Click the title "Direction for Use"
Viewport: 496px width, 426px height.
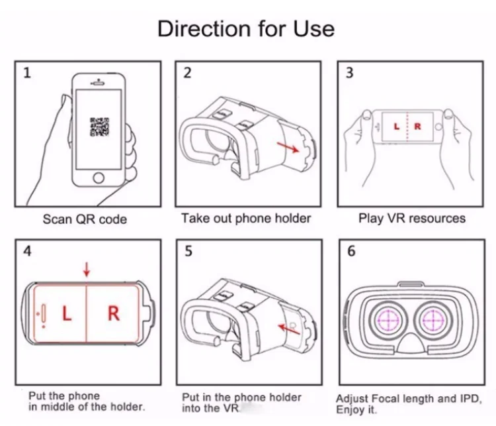(246, 29)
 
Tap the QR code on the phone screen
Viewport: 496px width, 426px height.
(99, 126)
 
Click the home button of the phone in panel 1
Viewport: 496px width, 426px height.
(99, 177)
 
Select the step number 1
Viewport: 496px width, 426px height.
(26, 73)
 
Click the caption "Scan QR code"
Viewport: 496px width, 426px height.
(85, 219)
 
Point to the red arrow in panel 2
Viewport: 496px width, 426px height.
(285, 146)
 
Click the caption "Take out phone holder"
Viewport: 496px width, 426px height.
(246, 218)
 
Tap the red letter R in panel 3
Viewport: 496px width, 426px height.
(417, 126)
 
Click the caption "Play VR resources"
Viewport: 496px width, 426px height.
(412, 218)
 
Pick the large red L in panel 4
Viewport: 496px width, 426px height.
(66, 313)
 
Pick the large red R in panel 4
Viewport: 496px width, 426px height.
(113, 313)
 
